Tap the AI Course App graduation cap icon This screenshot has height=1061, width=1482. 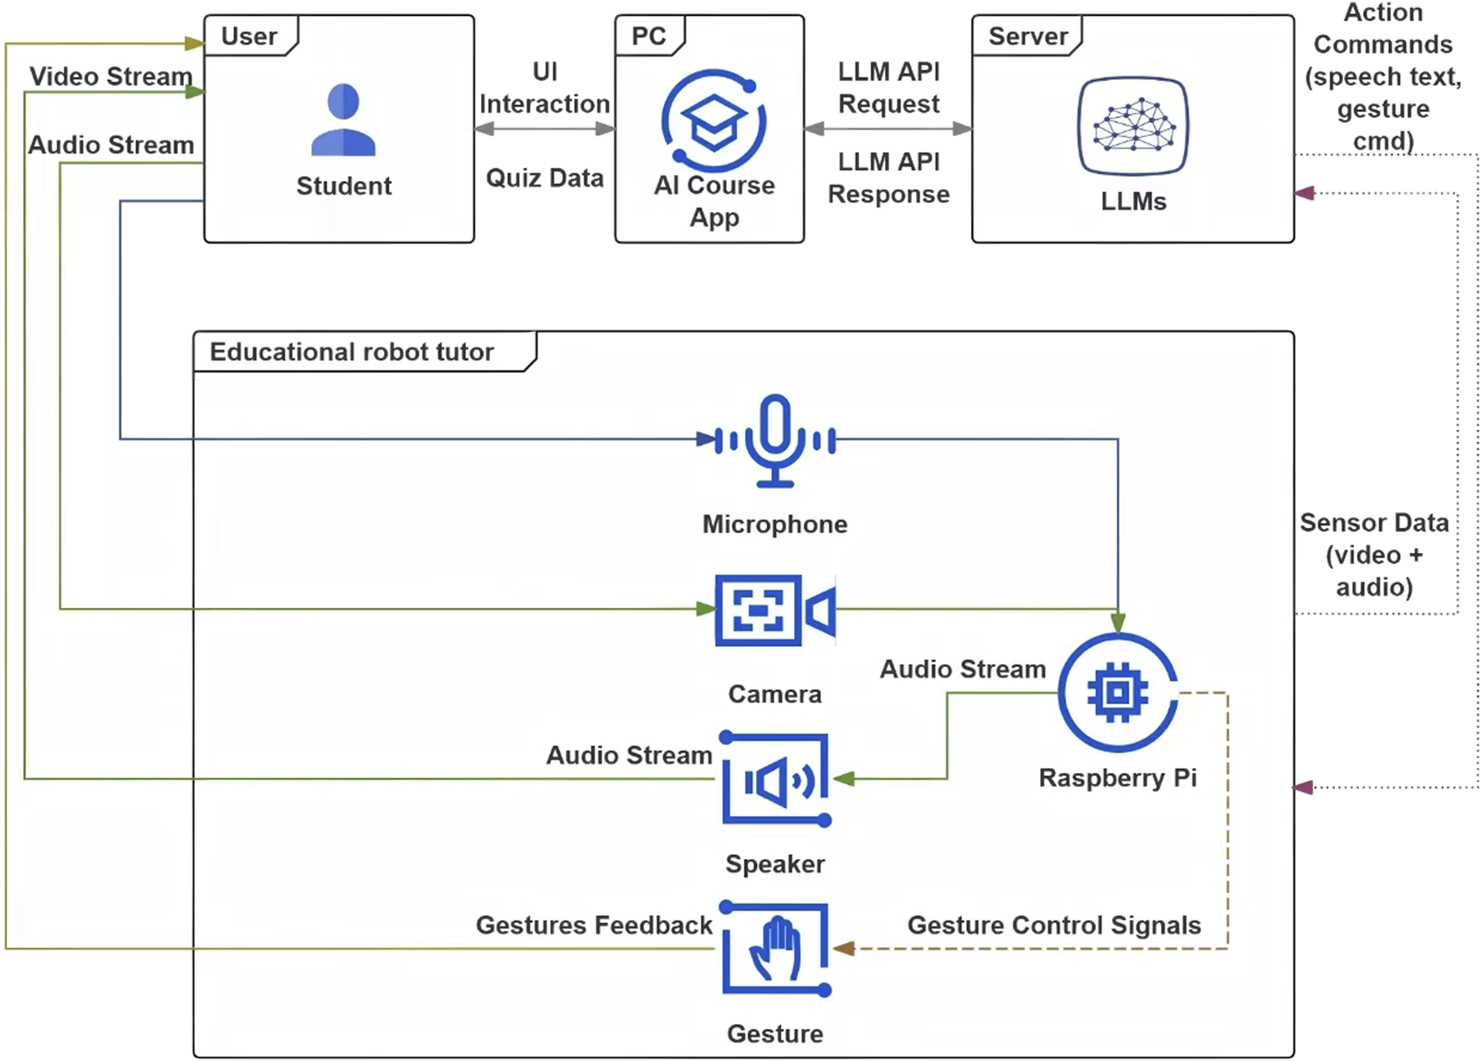coord(713,121)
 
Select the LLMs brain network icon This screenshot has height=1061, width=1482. coord(1132,126)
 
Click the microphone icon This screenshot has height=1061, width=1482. coord(775,440)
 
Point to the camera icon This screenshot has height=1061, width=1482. coord(774,610)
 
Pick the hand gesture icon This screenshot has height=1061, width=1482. coord(775,949)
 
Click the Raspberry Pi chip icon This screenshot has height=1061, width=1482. coord(1117,693)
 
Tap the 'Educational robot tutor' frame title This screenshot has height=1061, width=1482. coord(351,351)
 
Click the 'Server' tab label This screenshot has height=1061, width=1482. coord(1028,36)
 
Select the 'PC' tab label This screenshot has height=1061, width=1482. coord(648,36)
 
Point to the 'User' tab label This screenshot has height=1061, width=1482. coord(248,36)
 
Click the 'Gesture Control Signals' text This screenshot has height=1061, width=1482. coord(1054,925)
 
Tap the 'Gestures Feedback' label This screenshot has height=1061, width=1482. coord(594,925)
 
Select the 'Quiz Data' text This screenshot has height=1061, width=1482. coord(544,177)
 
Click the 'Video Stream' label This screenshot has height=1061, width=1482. coord(110,76)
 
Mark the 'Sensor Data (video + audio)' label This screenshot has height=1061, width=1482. coord(1373,554)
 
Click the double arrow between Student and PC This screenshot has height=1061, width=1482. coord(544,129)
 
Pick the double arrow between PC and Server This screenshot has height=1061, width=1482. coord(888,129)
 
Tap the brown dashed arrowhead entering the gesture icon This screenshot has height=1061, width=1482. coord(844,948)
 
